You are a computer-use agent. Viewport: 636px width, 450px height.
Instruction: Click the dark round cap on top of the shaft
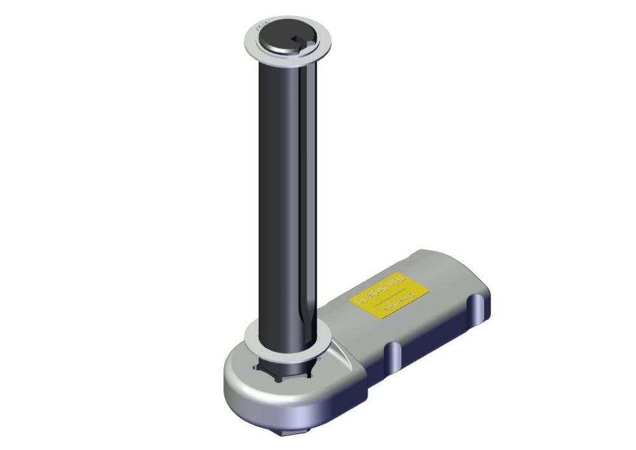280,38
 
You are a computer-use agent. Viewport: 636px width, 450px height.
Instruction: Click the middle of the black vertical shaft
286,191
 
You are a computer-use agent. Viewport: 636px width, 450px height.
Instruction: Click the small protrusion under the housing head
284,432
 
